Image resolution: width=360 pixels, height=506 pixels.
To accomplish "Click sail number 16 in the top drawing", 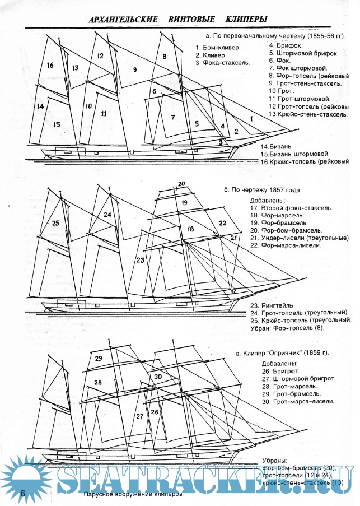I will tap(50, 66).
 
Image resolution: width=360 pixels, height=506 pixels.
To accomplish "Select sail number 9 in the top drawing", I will tap(135, 69).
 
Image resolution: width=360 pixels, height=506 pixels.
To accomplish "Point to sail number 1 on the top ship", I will tap(251, 119).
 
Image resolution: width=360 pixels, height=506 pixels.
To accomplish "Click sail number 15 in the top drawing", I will tap(56, 124).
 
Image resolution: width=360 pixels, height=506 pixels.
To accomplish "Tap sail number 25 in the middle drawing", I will tap(55, 223).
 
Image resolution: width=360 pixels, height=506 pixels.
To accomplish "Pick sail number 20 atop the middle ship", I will tap(181, 184).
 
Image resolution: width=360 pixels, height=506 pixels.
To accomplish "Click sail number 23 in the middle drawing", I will tap(140, 260).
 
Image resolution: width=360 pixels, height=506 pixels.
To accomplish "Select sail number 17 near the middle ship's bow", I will tap(233, 291).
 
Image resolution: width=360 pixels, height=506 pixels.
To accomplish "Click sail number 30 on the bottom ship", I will tap(158, 377).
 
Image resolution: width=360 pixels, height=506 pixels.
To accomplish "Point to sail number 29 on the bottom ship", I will tap(99, 359).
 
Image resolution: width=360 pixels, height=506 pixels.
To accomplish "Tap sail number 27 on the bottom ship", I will tap(140, 417).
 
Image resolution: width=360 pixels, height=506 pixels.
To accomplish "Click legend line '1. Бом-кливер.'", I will tap(218, 47).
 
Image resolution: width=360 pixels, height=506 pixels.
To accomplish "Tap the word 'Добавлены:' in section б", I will tap(268, 200).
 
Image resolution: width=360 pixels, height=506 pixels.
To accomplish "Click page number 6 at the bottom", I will tap(23, 493).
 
